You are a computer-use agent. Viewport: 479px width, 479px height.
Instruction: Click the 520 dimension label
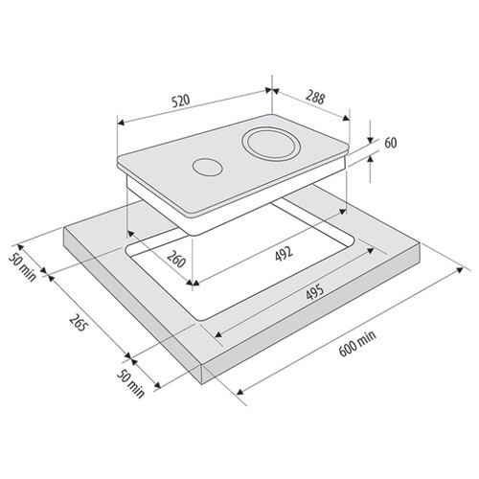[181, 101]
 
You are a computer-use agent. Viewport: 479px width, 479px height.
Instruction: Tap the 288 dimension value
[315, 98]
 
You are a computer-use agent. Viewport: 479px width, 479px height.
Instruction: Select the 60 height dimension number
[391, 143]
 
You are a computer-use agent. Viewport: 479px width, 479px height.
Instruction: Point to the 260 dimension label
[176, 259]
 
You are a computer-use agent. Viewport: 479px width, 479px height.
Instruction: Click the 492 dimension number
[284, 254]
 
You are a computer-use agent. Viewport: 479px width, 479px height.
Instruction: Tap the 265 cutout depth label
[78, 323]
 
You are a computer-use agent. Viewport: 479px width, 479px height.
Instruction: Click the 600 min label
[357, 344]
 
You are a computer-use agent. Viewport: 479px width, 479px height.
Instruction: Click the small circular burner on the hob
[207, 167]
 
